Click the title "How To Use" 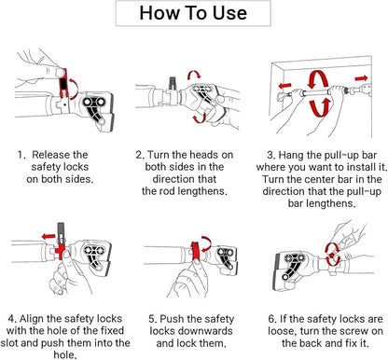coord(193,13)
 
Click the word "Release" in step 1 coord(52,155)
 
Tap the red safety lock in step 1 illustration coord(63,84)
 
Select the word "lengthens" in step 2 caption coord(204,191)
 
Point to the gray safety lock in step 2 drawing coord(173,83)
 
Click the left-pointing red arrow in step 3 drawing coord(285,85)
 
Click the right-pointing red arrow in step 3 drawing coord(362,78)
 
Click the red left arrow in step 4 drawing coord(48,237)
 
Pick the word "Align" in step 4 coord(32,319)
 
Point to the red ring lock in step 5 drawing coord(196,251)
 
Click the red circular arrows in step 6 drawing coord(332,255)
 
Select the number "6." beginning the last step coord(272,319)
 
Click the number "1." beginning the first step coord(21,155)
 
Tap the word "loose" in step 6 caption coord(281,331)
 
